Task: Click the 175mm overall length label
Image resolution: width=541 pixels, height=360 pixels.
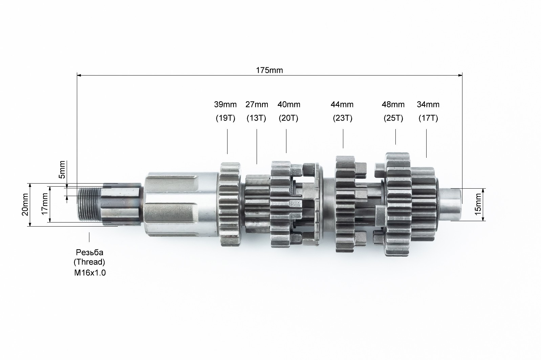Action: pos(269,70)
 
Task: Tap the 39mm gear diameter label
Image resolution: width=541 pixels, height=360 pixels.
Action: pos(225,105)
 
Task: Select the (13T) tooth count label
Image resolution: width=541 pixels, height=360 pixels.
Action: pos(256,118)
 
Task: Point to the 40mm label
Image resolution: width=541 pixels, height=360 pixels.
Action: pos(289,105)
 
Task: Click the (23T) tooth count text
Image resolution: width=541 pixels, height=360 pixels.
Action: pos(343,118)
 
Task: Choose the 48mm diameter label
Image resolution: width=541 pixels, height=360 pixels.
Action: pos(393,105)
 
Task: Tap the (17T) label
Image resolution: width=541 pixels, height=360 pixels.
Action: pos(428,118)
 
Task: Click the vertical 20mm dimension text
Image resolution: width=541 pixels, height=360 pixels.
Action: pos(25,205)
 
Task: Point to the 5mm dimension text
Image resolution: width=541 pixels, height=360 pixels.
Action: pos(62,170)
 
